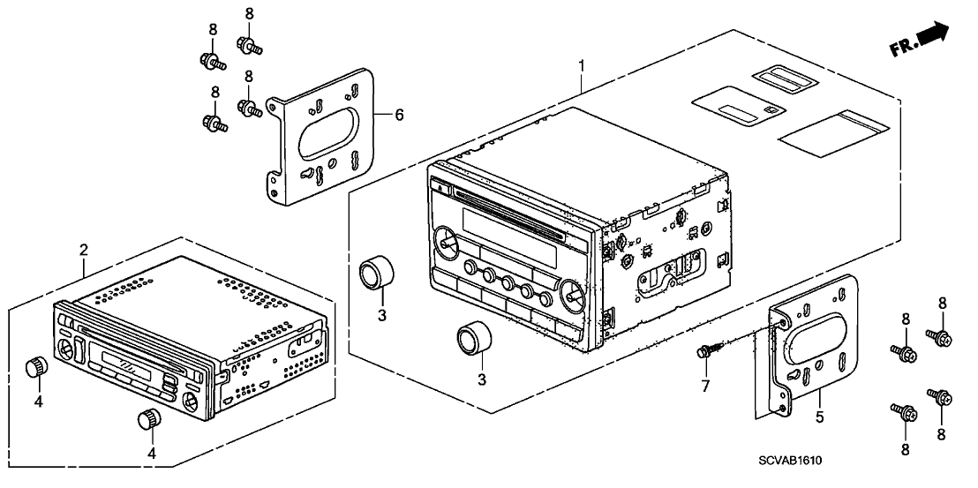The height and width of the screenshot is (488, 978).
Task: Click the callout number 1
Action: (x=581, y=65)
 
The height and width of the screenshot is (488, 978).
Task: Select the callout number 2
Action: (x=84, y=250)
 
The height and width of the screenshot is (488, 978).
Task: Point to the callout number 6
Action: (x=399, y=115)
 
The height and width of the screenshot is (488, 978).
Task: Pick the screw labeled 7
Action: (x=707, y=352)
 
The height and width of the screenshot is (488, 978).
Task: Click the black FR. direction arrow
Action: (x=932, y=35)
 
